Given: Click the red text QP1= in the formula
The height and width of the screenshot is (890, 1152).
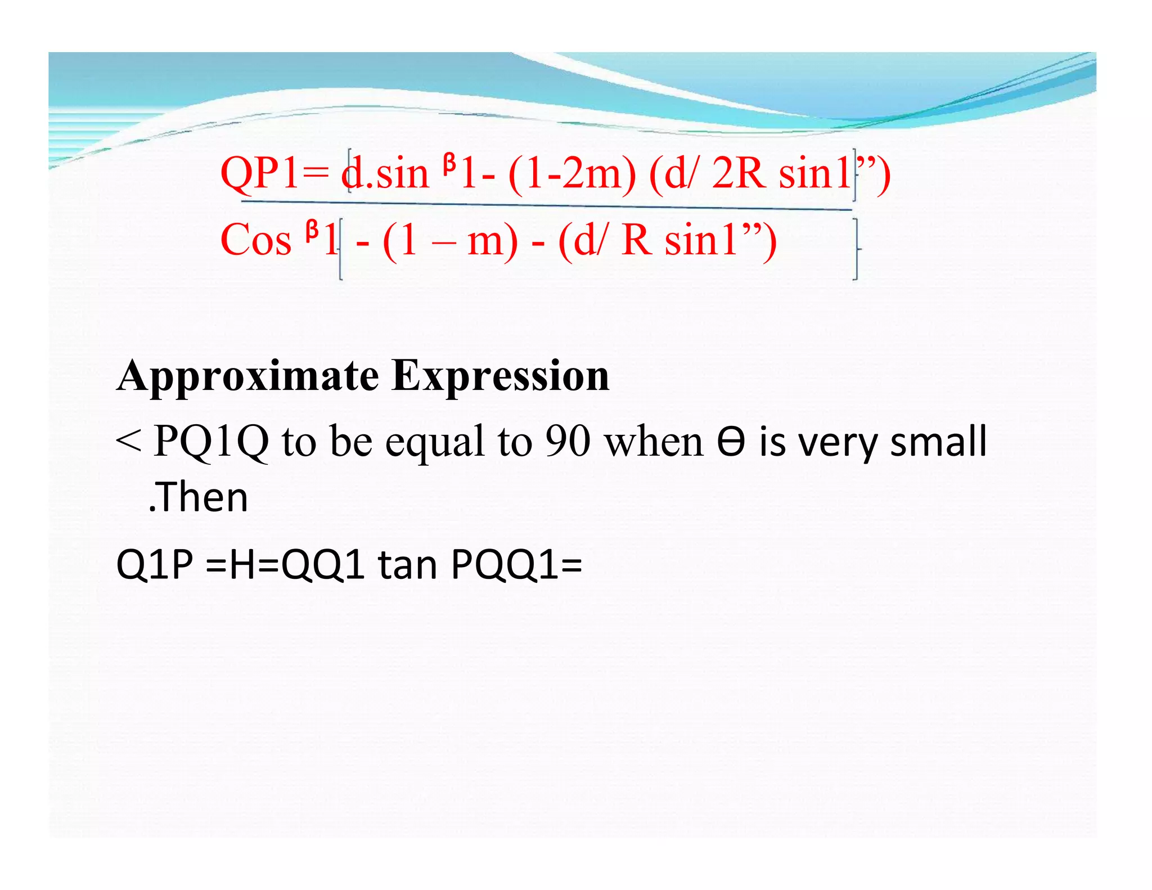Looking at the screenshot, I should click(274, 173).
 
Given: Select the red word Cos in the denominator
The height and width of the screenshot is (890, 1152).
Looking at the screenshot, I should click(256, 240).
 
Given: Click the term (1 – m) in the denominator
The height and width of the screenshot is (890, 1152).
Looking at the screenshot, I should click(450, 240).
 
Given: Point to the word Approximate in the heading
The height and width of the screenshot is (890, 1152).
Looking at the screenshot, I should click(248, 376).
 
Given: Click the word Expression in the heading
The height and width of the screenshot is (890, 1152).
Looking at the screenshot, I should click(501, 376).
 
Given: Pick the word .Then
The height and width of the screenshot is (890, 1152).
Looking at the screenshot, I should click(198, 497).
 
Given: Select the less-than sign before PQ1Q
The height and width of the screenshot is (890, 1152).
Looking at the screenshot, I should click(128, 442).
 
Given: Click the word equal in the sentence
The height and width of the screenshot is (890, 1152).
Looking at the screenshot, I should click(435, 442).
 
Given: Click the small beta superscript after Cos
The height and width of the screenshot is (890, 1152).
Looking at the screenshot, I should click(312, 231).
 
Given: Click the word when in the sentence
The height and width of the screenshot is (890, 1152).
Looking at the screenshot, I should click(654, 442).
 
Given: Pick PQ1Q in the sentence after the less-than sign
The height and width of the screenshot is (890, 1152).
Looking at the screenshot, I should click(211, 442).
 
